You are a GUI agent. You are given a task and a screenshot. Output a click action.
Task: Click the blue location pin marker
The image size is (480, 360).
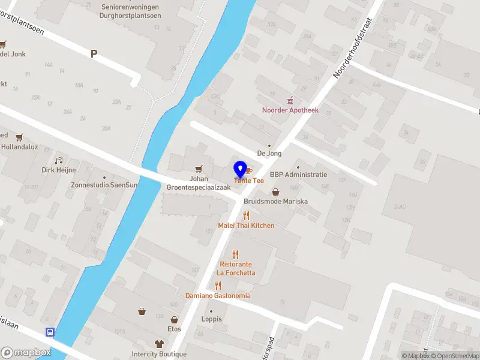240,169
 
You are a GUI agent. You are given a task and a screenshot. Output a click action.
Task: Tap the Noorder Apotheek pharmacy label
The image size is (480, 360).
290,110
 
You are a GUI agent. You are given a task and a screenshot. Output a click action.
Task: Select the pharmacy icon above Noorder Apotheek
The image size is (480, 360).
290,100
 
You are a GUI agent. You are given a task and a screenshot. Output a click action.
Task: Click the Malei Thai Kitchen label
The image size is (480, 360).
246,226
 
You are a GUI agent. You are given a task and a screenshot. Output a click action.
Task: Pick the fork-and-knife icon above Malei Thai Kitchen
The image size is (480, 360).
246,215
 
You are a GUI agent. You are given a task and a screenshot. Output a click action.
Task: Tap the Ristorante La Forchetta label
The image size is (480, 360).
236,268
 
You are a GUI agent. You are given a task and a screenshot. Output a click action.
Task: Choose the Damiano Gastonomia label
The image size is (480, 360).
218,296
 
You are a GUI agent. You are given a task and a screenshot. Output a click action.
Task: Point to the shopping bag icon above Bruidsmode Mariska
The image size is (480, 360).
275,192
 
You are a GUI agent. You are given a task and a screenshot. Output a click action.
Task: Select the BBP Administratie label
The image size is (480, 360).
298,175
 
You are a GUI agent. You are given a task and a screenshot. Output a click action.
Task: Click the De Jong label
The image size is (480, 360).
269,154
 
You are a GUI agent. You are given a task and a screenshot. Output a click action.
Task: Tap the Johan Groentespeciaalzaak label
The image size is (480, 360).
199,183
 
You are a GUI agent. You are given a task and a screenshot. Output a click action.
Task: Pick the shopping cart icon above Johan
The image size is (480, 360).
199,169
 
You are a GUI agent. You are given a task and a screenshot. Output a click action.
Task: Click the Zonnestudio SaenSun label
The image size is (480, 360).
104,185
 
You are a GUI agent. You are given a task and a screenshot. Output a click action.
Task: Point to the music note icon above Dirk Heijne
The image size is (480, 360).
58,160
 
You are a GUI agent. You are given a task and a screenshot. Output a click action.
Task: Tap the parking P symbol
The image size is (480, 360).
94,54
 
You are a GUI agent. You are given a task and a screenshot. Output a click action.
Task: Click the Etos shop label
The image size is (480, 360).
174,329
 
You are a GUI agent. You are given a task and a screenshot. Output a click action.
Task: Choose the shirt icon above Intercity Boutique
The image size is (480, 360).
159,344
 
